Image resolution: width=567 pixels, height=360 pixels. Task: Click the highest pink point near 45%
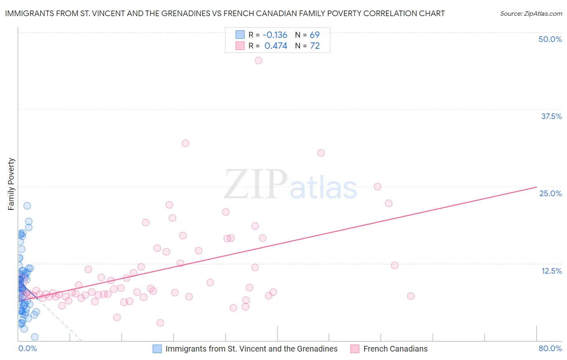coord(258,61)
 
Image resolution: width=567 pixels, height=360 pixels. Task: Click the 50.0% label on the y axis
coord(550,39)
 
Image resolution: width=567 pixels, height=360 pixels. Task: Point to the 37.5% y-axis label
coord(551,116)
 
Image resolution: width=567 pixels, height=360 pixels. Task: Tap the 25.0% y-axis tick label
coord(550,193)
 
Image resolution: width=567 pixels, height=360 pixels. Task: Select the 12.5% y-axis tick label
coord(551,271)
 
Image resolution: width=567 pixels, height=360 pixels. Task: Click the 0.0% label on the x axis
coord(27,348)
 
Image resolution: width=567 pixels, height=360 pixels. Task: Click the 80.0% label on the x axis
coord(550,348)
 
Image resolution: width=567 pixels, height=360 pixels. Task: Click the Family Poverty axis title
coord(11,184)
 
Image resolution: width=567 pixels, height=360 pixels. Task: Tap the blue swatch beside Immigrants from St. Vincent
coord(157,349)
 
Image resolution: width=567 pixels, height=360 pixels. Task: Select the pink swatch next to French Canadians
coord(355,349)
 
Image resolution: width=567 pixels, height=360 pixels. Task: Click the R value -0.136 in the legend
coord(275,35)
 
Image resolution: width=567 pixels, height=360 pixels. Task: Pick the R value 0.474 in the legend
coord(276,46)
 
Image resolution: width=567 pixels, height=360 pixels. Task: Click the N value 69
coord(315,35)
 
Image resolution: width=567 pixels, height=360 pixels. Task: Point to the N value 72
coord(315,46)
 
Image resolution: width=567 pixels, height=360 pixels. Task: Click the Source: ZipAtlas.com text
coord(531,14)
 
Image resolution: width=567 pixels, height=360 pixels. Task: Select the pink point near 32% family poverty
coord(186,143)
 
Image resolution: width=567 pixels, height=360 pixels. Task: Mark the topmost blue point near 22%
coord(27,206)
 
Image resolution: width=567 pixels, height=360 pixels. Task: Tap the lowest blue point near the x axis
coord(35,337)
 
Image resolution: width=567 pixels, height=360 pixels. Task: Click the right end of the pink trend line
coord(536,187)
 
